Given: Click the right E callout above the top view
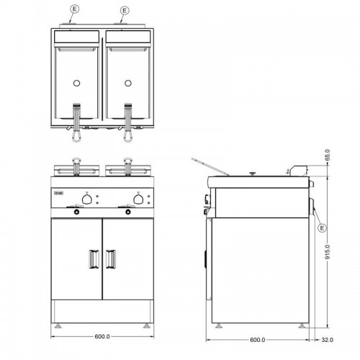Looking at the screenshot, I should pyautogui.click(x=125, y=10).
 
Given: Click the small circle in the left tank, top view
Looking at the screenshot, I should pyautogui.click(x=76, y=84).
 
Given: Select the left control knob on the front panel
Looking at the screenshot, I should pyautogui.click(x=86, y=198).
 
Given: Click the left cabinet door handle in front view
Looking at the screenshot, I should pyautogui.click(x=93, y=257).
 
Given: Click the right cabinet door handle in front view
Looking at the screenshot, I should pyautogui.click(x=112, y=257).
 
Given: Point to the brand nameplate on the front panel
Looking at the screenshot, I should pyautogui.click(x=58, y=193).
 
